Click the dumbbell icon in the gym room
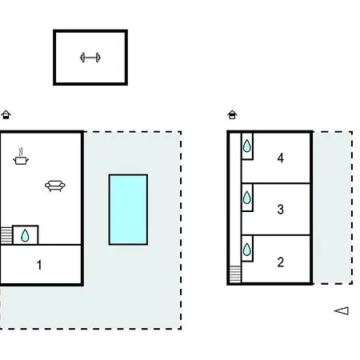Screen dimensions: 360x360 [x=90, y=58]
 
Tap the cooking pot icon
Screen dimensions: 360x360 [x=21, y=158]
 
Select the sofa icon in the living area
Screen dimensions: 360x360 [x=55, y=186]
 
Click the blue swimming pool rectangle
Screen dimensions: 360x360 [x=128, y=210]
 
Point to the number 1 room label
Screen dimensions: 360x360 [x=39, y=265]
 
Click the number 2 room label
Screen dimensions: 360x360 [x=280, y=262]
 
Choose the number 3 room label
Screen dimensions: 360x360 [x=280, y=210]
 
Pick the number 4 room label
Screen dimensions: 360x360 [x=280, y=158]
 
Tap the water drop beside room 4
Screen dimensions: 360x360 [x=247, y=146]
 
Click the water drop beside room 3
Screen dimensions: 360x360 [x=247, y=198]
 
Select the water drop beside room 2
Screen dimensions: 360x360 [x=247, y=250]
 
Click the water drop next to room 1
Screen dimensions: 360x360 [x=25, y=235]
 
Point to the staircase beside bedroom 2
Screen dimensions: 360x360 [x=235, y=274]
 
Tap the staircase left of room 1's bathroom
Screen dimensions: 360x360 [x=6, y=235]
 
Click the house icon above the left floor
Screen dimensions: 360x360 [x=6, y=114]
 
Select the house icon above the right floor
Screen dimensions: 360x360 [x=232, y=114]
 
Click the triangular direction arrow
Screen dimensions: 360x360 [x=342, y=310]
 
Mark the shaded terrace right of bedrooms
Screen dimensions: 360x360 [x=332, y=207]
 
